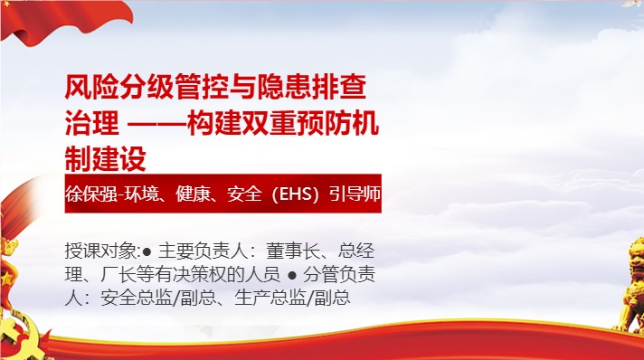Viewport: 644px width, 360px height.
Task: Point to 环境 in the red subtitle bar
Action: [x=146, y=193]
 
